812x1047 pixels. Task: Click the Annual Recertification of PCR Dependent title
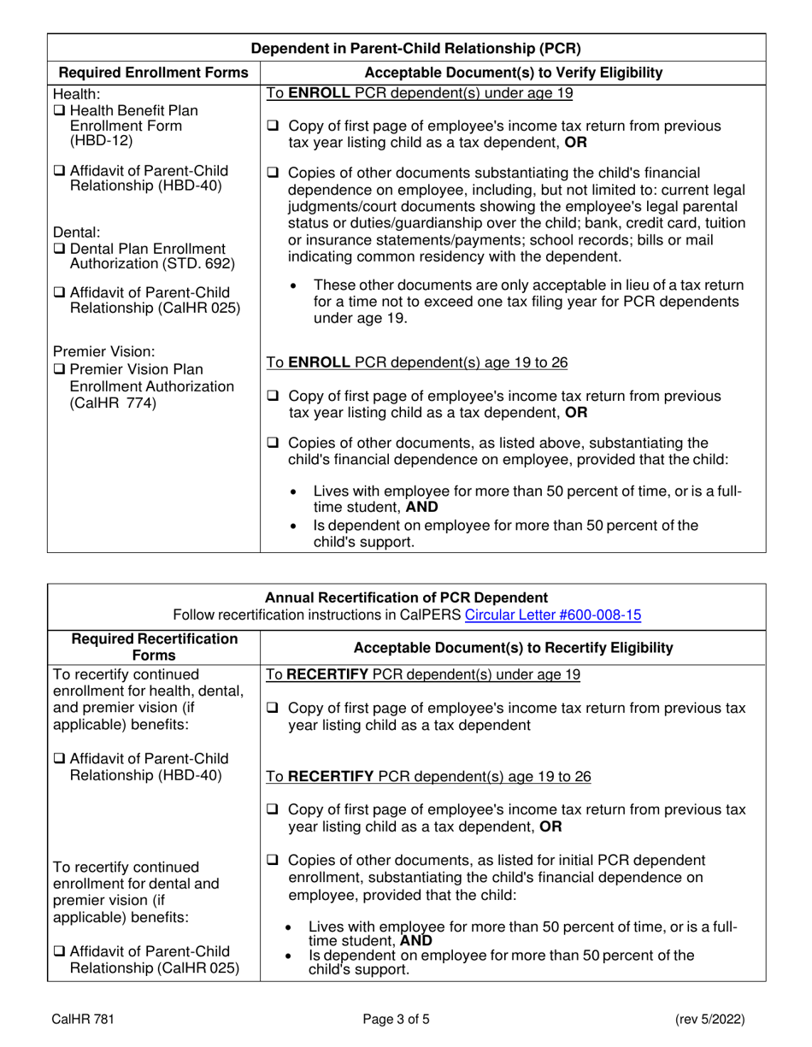(x=406, y=597)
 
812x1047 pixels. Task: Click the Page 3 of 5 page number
(x=405, y=1019)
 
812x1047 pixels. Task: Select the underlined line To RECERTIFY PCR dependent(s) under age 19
(x=423, y=674)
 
